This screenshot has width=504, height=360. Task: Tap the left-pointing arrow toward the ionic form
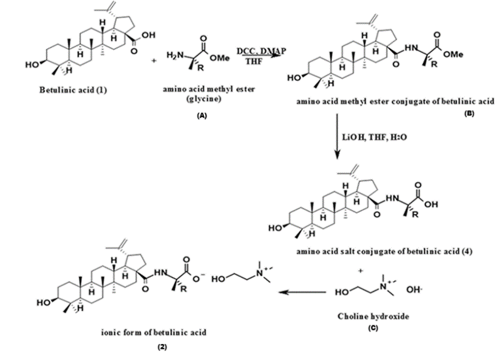[x=303, y=293]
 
